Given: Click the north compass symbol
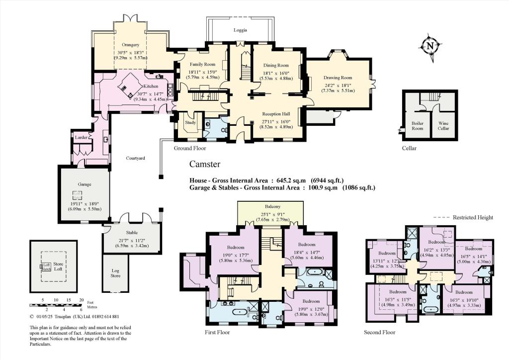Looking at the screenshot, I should coord(429,47).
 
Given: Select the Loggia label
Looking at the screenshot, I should coord(241,30).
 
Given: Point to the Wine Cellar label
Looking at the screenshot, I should coord(443,125).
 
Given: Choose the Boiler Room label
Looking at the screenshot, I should coord(417,125).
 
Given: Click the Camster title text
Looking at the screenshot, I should coord(205,164).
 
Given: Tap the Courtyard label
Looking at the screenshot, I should coord(135,158).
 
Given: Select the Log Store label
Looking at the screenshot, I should coord(115,273).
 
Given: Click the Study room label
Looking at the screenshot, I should coord(191,122).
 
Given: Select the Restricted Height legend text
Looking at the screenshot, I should coord(472,217).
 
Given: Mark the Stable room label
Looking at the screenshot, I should coord(131,232).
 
